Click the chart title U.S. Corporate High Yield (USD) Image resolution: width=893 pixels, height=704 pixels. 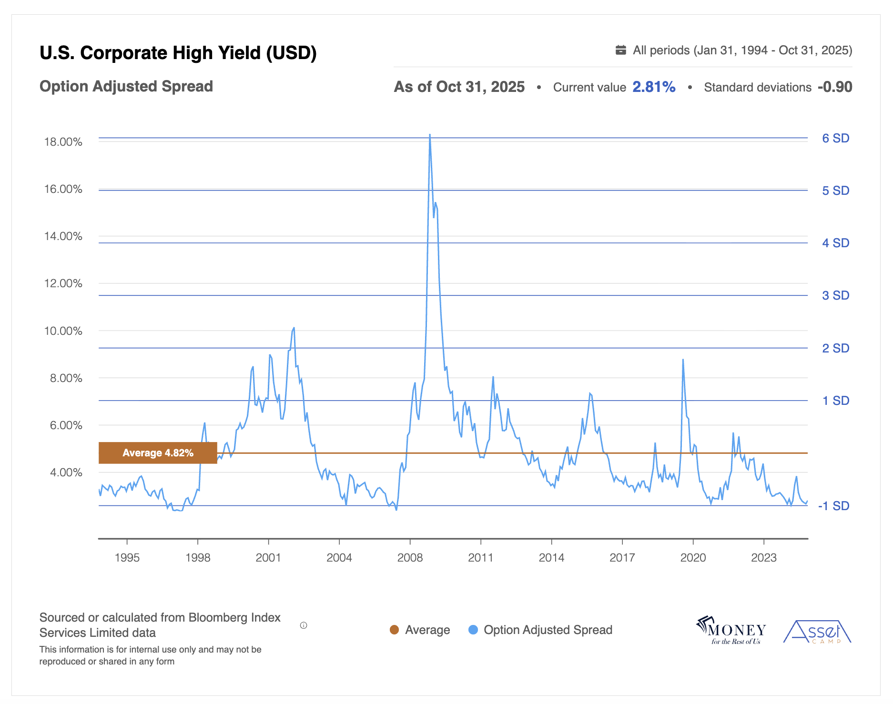178,53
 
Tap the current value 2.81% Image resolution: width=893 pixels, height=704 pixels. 654,87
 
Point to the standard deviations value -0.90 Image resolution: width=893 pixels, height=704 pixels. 835,87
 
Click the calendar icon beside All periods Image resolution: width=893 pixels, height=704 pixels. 620,50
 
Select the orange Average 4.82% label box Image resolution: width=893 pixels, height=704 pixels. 158,453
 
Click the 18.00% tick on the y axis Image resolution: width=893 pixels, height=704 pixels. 63,142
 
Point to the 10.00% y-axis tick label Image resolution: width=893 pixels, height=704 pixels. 63,331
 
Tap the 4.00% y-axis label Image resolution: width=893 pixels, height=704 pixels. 66,473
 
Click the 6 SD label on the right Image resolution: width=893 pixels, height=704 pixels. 835,138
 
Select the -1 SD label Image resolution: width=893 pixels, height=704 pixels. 833,506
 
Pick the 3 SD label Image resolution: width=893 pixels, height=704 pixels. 835,295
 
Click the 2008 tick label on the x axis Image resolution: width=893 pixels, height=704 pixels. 410,558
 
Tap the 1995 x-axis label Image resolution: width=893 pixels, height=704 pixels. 127,558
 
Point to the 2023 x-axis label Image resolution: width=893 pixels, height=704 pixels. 763,558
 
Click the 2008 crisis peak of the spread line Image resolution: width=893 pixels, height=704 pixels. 430,135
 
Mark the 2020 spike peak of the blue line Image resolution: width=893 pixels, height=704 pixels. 683,360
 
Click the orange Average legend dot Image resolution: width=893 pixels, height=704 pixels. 394,630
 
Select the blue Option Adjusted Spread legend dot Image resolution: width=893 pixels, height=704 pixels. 473,630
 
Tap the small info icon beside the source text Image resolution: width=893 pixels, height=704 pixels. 304,625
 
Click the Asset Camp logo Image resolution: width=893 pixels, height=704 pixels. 817,632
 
